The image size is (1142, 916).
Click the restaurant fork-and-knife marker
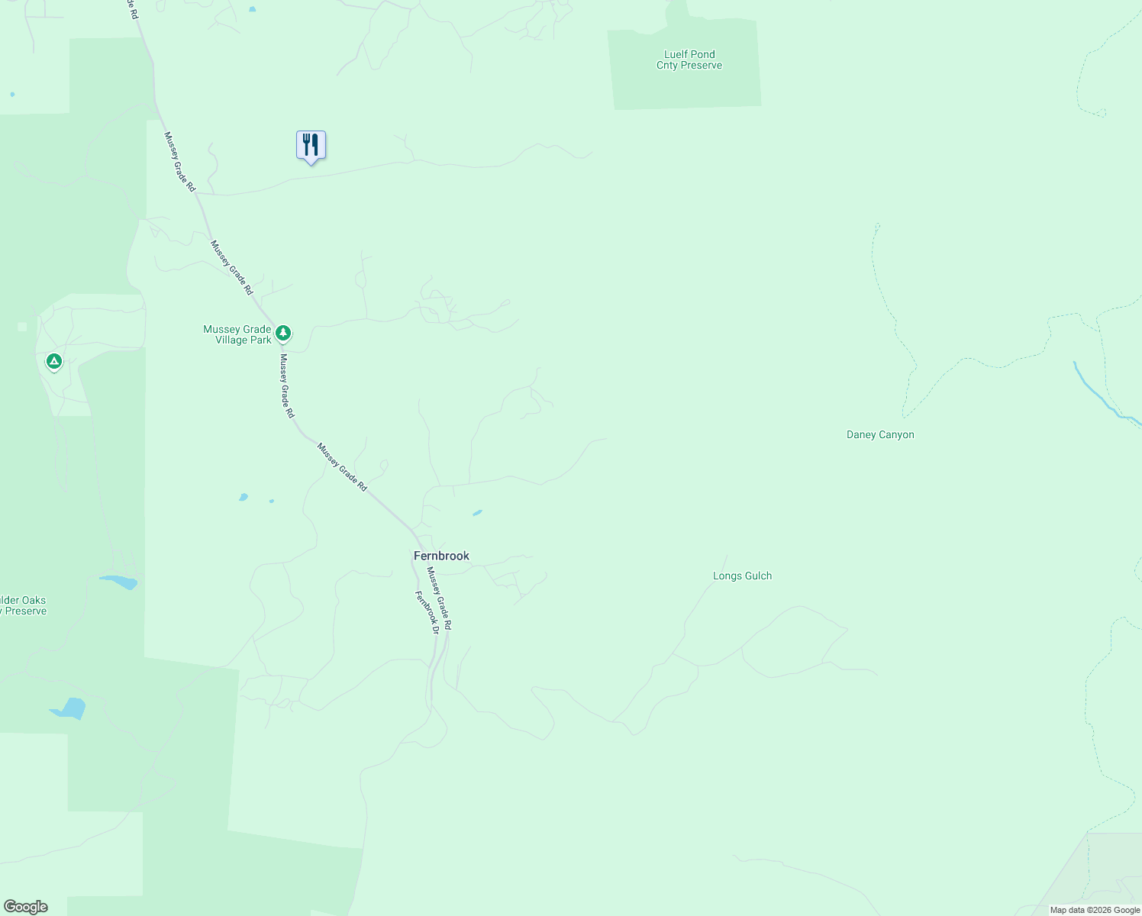coord(311,144)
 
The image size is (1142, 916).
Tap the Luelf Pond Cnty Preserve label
coord(689,60)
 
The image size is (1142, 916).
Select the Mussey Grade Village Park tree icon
coord(283,333)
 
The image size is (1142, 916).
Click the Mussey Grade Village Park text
coord(237,334)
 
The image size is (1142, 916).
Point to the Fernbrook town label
coord(441,556)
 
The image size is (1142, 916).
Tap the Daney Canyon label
coord(880,434)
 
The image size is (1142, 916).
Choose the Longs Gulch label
coord(742,576)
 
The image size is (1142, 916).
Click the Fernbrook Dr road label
coord(427,612)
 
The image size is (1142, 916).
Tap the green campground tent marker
coord(53,361)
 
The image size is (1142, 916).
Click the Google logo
coord(26,907)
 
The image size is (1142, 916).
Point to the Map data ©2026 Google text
coord(1095,910)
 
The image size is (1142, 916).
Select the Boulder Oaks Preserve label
coord(23,605)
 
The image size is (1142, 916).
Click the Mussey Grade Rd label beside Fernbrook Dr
coord(440,598)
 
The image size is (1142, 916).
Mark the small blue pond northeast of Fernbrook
coord(477,513)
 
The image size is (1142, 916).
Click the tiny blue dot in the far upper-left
coord(12,95)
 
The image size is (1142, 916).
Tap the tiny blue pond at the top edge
coord(252,9)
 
